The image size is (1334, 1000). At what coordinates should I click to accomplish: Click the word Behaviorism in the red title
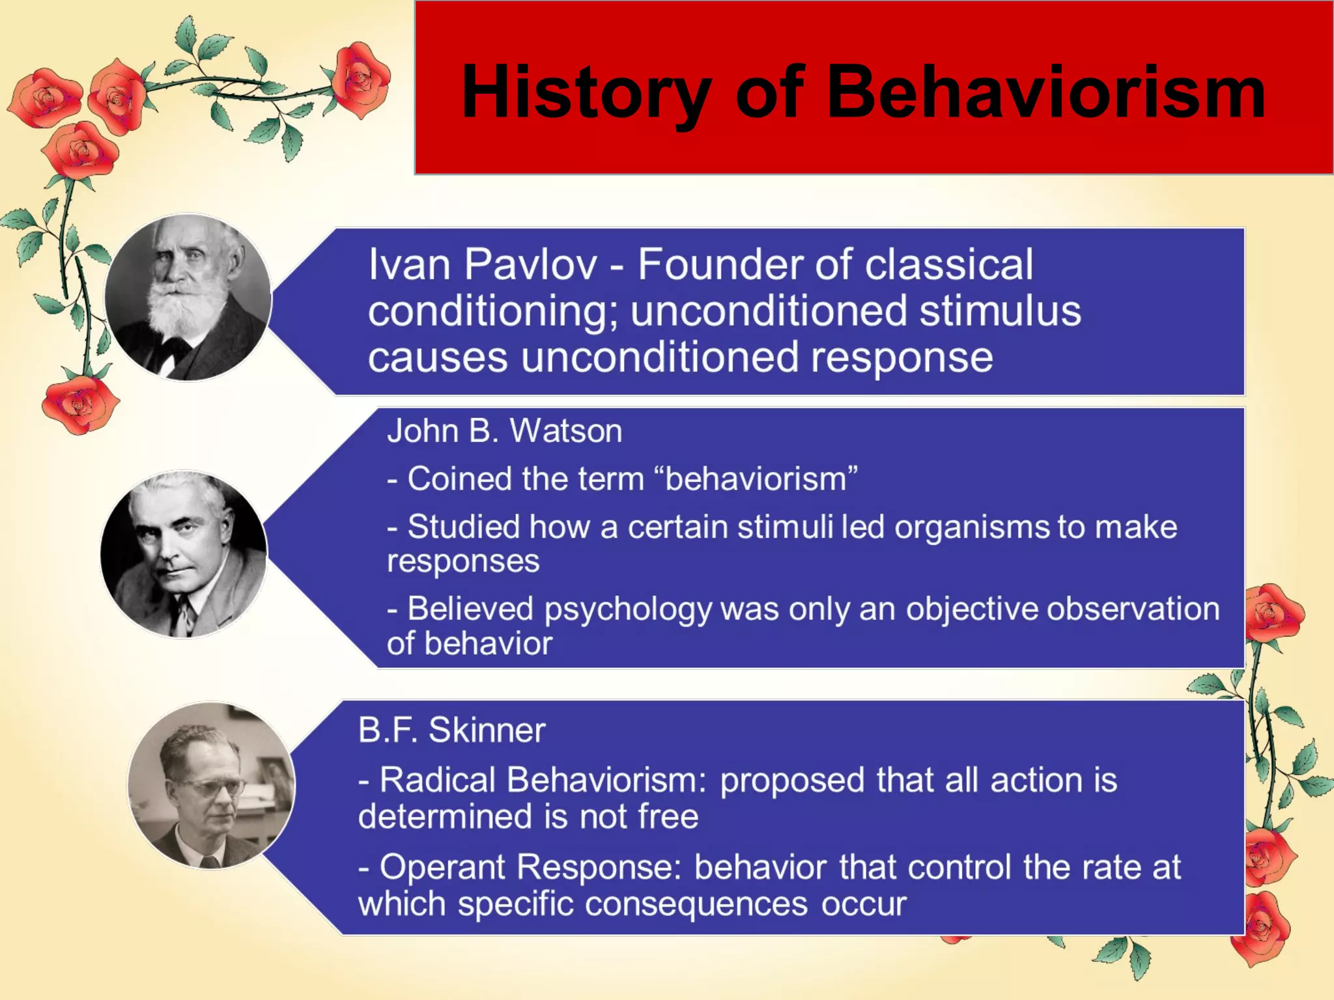pyautogui.click(x=1045, y=92)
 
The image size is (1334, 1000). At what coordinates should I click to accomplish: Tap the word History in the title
pyautogui.click(x=586, y=92)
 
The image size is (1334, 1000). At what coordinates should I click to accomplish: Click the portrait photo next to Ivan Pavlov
pyautogui.click(x=188, y=298)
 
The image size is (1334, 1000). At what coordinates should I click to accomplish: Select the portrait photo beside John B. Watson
pyautogui.click(x=184, y=554)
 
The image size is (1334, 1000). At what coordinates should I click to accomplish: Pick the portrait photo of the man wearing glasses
pyautogui.click(x=211, y=785)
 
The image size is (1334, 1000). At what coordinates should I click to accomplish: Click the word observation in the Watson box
pyautogui.click(x=1133, y=609)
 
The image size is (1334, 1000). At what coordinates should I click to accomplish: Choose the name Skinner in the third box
pyautogui.click(x=487, y=730)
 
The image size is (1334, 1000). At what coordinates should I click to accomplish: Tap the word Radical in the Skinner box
pyautogui.click(x=437, y=780)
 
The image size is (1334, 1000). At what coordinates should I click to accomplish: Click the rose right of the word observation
pyautogui.click(x=1273, y=612)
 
